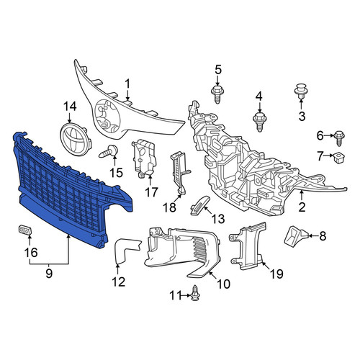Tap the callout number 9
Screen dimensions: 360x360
tap(49, 273)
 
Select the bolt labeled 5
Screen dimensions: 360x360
tap(217, 94)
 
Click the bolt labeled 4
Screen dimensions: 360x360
tap(260, 122)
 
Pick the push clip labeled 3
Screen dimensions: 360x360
tap(301, 91)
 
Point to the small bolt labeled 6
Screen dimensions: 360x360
tap(339, 138)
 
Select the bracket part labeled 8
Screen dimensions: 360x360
tap(296, 235)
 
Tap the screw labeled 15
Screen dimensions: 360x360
tap(109, 152)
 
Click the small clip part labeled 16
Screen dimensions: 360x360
tap(25, 230)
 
